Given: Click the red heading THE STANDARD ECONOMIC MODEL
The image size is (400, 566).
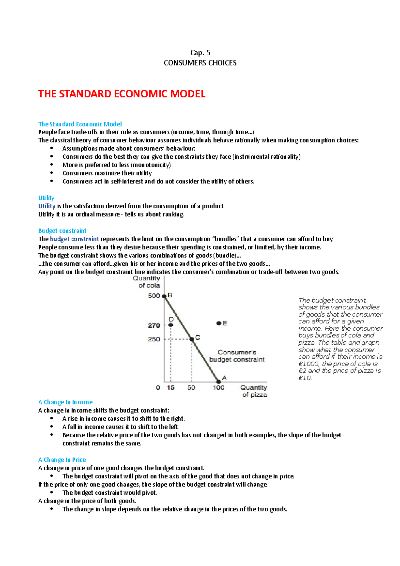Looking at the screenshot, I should [x=122, y=94].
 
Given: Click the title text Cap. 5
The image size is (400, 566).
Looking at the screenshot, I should [x=200, y=53].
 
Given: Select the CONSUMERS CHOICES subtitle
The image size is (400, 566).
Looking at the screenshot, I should [x=200, y=63].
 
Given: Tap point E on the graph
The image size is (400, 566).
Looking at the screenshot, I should [x=219, y=323].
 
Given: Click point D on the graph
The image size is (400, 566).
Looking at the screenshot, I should [x=171, y=325].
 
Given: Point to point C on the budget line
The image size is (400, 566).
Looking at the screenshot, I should [x=192, y=339].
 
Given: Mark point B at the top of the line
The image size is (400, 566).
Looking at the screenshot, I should [x=164, y=296].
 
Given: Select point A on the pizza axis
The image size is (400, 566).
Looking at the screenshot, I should [x=219, y=381].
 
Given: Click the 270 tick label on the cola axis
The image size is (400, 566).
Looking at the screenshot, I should [x=154, y=325].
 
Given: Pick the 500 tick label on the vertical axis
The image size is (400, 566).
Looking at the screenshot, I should [x=154, y=296].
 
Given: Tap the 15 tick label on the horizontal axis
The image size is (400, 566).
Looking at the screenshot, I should [x=171, y=388].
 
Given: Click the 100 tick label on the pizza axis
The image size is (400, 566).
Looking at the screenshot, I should [x=219, y=388].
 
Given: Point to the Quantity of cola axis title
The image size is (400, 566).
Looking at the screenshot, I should [x=147, y=282].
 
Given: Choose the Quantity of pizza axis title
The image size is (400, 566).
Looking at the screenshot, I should [x=254, y=391].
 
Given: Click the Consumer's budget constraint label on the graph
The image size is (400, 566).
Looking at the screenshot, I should [x=237, y=356].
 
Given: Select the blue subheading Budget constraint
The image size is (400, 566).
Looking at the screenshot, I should [x=62, y=231].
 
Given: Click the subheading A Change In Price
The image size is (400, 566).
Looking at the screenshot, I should [x=62, y=460].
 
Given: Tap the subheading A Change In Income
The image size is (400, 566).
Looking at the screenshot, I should [x=65, y=402].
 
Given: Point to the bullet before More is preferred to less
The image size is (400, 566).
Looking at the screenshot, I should [x=52, y=165].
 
